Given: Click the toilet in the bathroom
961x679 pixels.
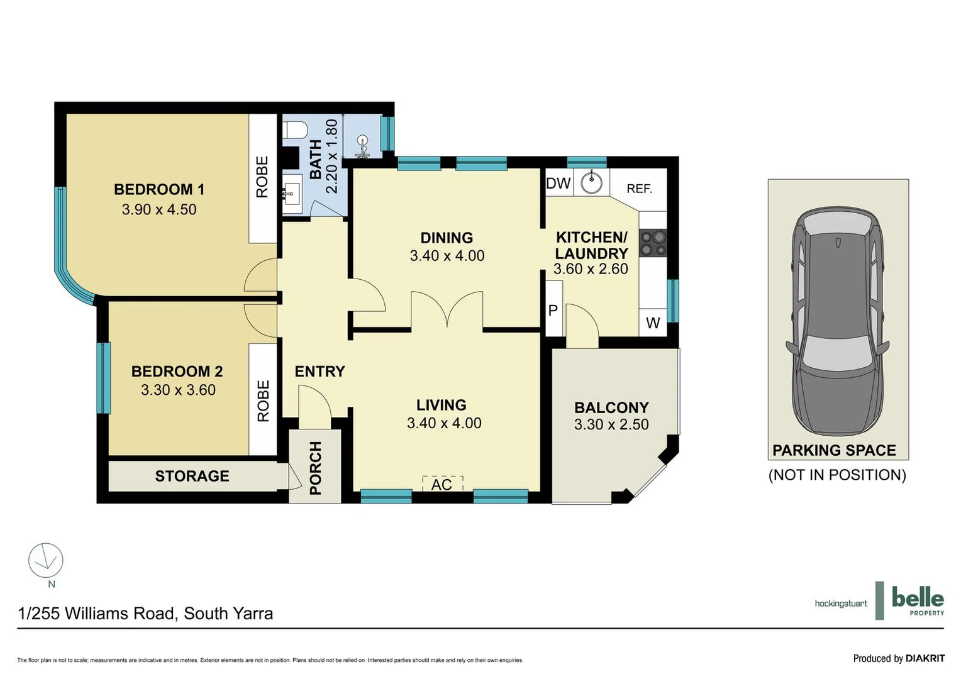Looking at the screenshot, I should click(x=294, y=130).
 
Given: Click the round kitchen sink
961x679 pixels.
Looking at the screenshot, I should click(x=591, y=182).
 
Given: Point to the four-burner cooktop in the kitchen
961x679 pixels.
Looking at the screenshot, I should click(x=653, y=243).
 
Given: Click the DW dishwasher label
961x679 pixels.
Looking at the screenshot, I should click(x=558, y=184).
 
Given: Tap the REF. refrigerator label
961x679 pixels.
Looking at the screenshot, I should click(x=639, y=189).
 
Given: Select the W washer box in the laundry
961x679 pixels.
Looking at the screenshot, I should click(x=653, y=323).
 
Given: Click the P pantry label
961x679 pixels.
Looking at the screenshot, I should click(x=553, y=310).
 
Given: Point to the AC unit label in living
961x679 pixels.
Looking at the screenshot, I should click(x=442, y=484).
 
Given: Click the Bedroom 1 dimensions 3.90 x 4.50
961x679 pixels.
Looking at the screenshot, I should click(x=159, y=209).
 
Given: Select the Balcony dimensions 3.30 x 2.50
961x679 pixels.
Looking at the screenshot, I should click(x=611, y=424).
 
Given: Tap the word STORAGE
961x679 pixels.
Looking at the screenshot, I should click(x=192, y=476).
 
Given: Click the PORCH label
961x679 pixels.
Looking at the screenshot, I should click(x=315, y=468).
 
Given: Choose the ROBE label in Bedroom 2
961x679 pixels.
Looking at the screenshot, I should click(x=263, y=400).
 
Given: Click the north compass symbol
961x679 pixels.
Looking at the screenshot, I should click(x=46, y=561).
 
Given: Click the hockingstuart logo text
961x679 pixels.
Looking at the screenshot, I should click(x=840, y=604).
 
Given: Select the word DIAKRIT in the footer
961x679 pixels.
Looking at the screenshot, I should click(x=925, y=658).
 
